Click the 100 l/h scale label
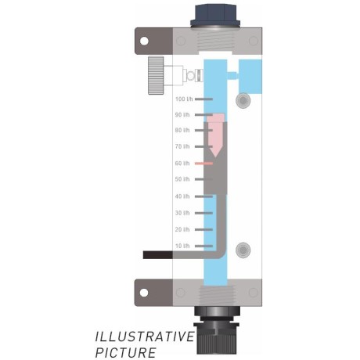tap(184, 99)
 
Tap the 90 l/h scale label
tap(182, 114)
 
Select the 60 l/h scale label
tap(182, 164)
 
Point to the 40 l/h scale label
tap(182, 196)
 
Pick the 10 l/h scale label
tap(182, 246)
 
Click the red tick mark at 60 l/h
tap(203, 164)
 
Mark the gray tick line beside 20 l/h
tap(203, 229)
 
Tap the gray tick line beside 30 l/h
tap(203, 213)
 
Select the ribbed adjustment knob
tap(156, 75)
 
